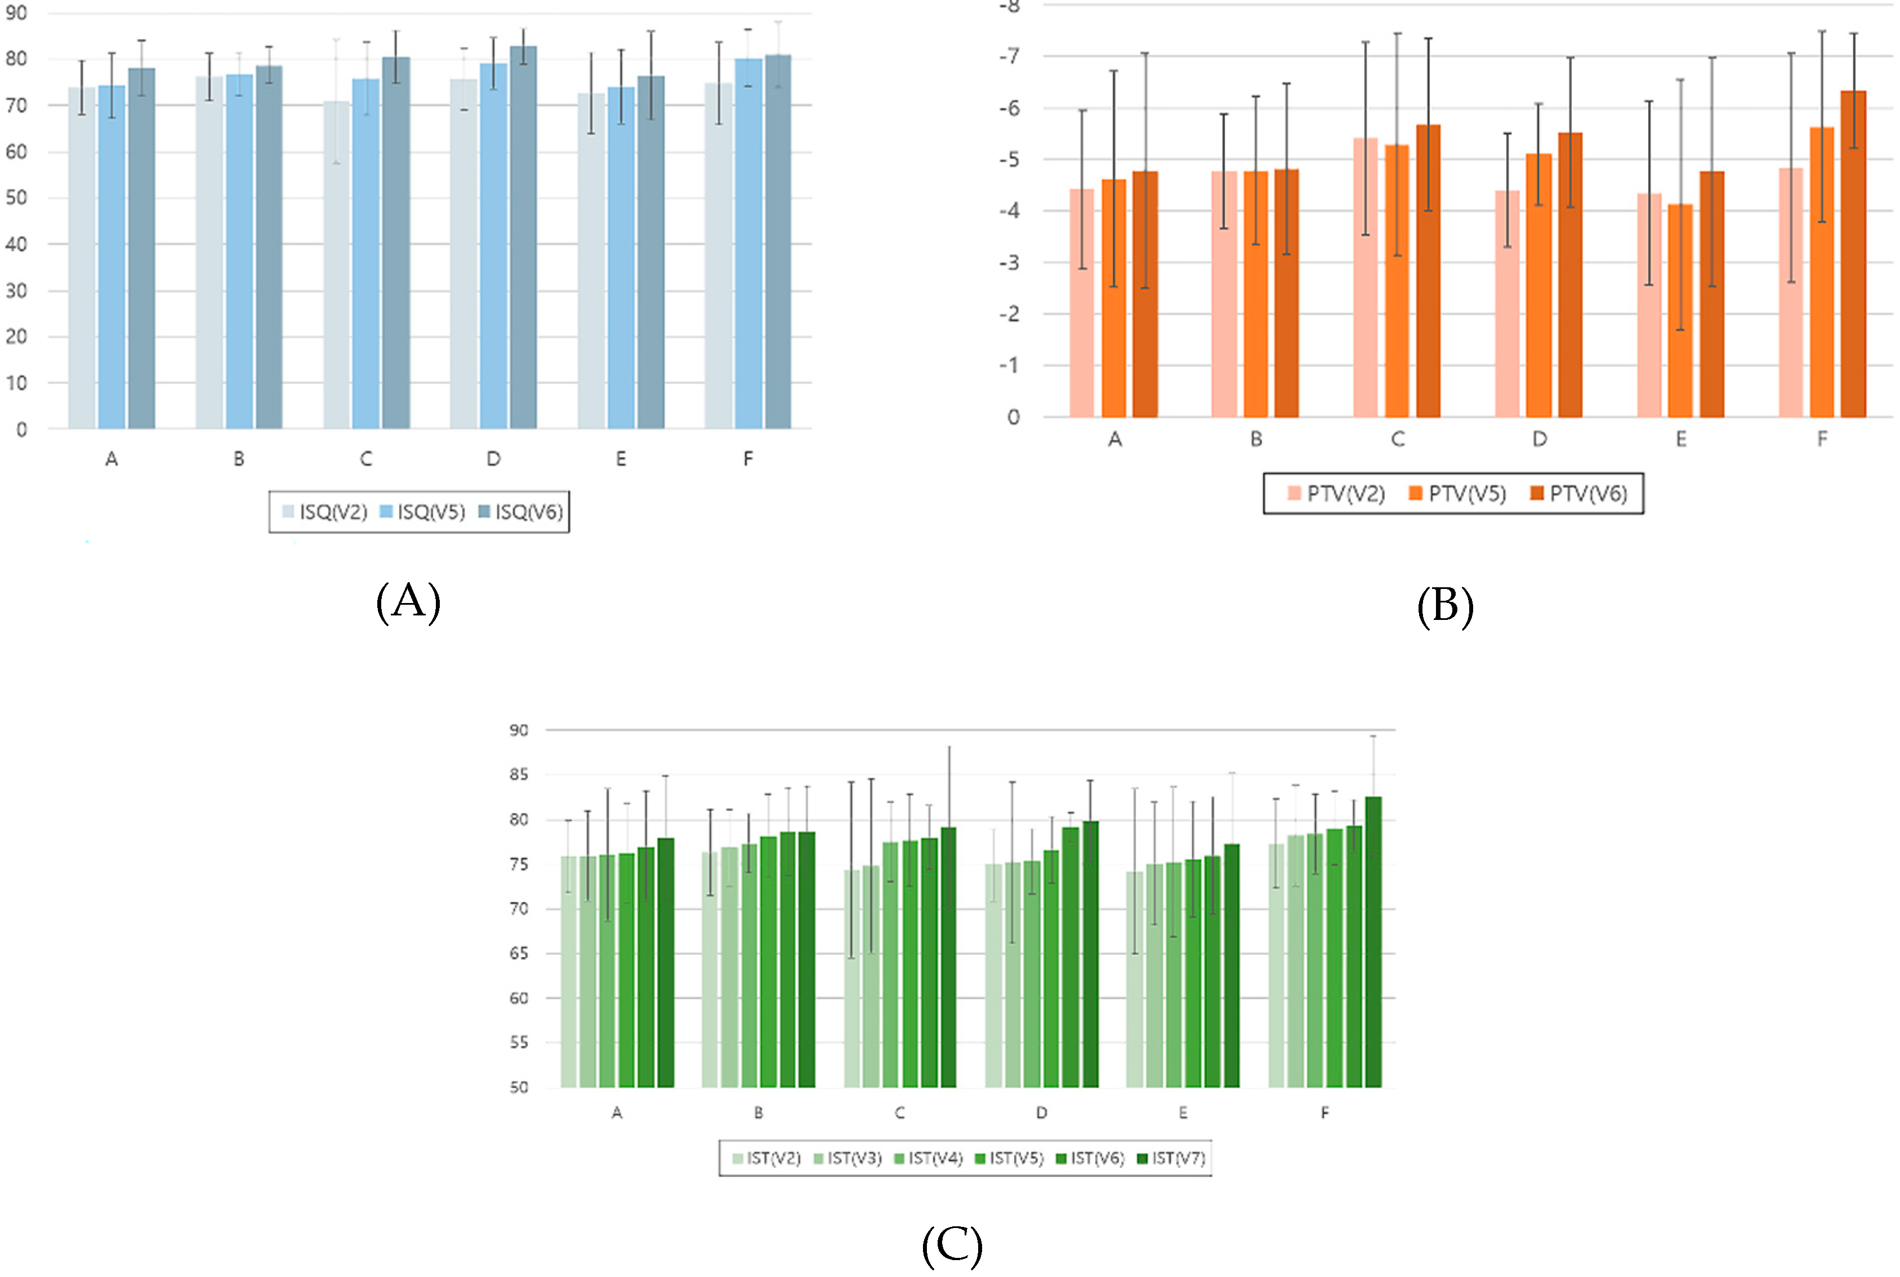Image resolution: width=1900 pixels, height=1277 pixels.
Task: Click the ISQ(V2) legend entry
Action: pos(325,511)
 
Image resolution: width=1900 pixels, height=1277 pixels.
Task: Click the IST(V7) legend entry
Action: pos(1170,1158)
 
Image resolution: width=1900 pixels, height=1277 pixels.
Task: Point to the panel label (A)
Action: pos(408,602)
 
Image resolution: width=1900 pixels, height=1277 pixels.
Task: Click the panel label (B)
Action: pos(1445,607)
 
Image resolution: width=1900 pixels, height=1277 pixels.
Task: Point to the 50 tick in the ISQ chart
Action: pos(16,198)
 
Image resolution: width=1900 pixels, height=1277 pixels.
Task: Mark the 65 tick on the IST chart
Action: pos(519,953)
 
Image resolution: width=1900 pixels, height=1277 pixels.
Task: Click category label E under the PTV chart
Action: pos(1680,440)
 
